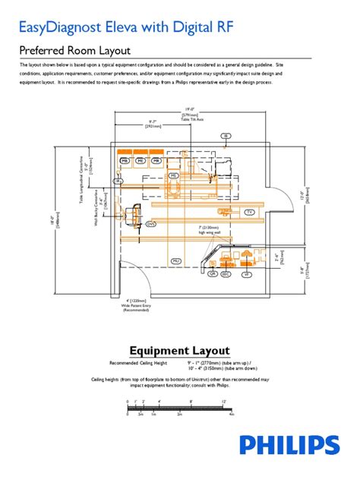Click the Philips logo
tap(289, 445)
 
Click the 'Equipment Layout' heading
tap(179, 350)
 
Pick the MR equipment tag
tap(156, 162)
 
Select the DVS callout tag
tap(151, 224)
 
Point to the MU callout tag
tap(175, 261)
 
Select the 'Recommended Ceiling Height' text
tap(138, 362)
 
